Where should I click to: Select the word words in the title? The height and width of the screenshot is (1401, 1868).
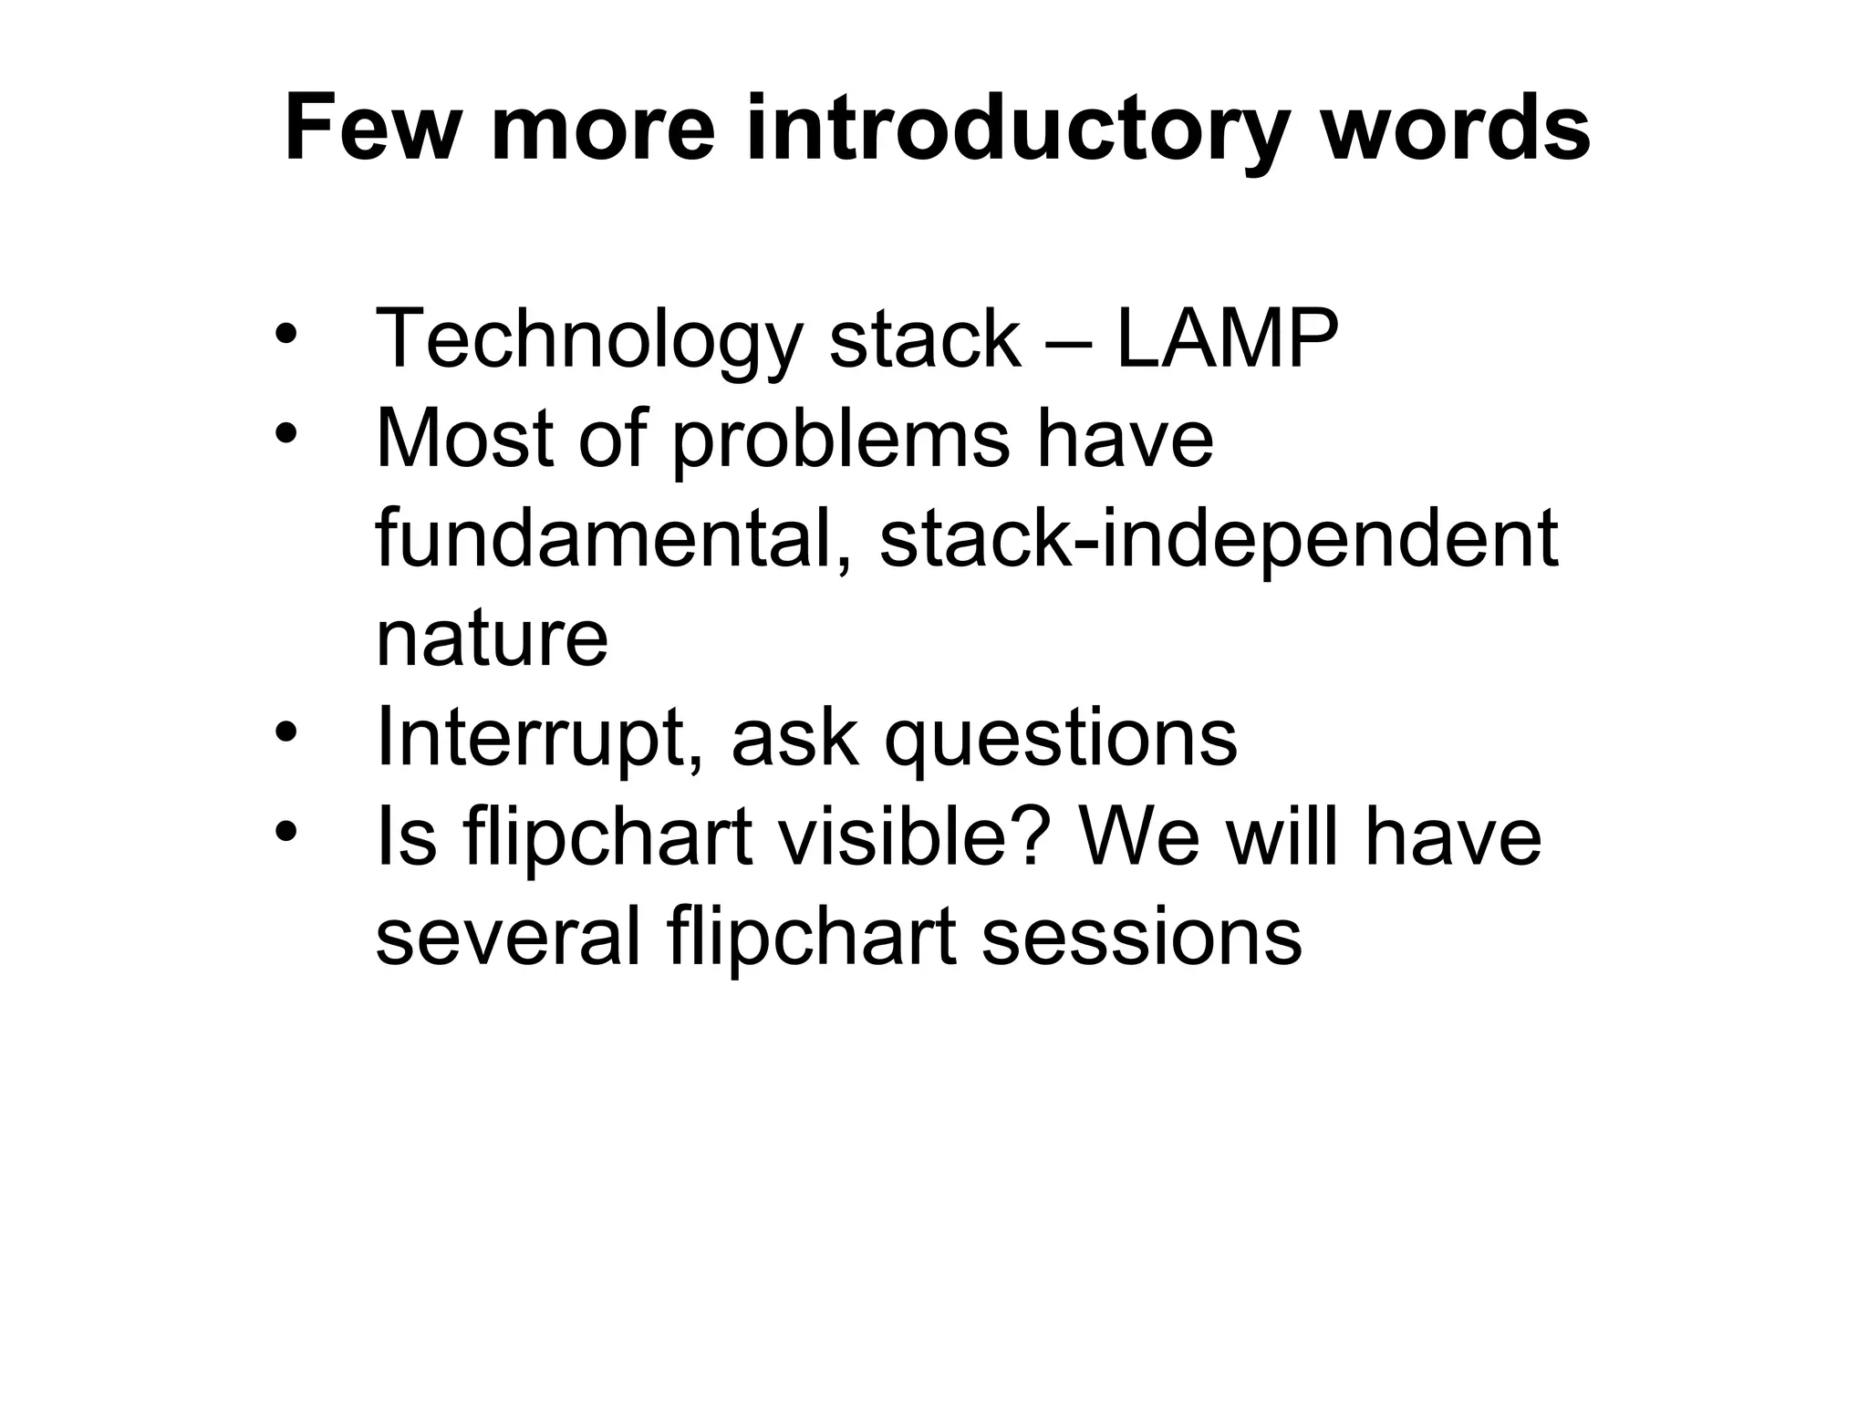(1456, 130)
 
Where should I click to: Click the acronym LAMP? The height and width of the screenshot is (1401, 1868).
(1227, 339)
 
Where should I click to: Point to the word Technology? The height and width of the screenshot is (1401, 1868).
(589, 339)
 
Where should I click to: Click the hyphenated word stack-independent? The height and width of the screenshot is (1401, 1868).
(1219, 538)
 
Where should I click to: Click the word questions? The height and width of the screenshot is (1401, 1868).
(1061, 737)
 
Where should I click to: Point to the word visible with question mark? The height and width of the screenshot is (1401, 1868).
(912, 837)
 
